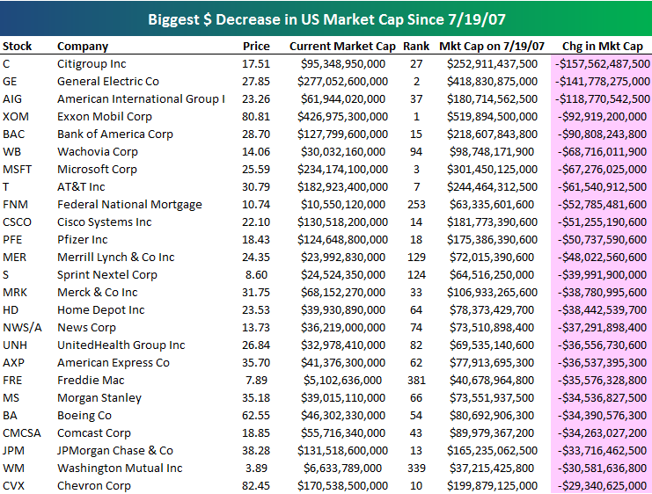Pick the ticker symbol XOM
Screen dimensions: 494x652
click(x=16, y=116)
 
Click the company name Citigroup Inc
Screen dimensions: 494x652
click(x=92, y=63)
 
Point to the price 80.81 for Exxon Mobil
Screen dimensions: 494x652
click(x=256, y=116)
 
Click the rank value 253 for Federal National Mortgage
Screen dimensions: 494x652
click(x=415, y=204)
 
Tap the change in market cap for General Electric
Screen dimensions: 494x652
click(x=601, y=81)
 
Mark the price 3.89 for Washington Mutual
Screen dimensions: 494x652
click(x=259, y=468)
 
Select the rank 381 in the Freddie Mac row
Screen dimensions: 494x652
click(x=415, y=380)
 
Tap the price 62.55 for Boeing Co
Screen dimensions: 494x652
click(x=256, y=415)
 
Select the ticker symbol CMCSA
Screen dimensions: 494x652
click(x=23, y=432)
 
